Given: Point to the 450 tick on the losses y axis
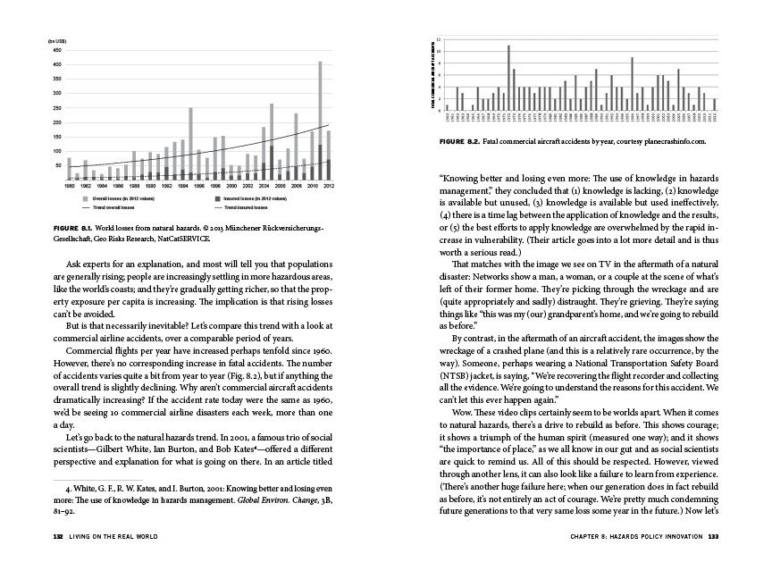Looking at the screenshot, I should click(x=55, y=50).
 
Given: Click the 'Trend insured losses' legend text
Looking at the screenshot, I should click(x=236, y=207).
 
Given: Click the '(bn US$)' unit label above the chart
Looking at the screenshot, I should click(x=56, y=42).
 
